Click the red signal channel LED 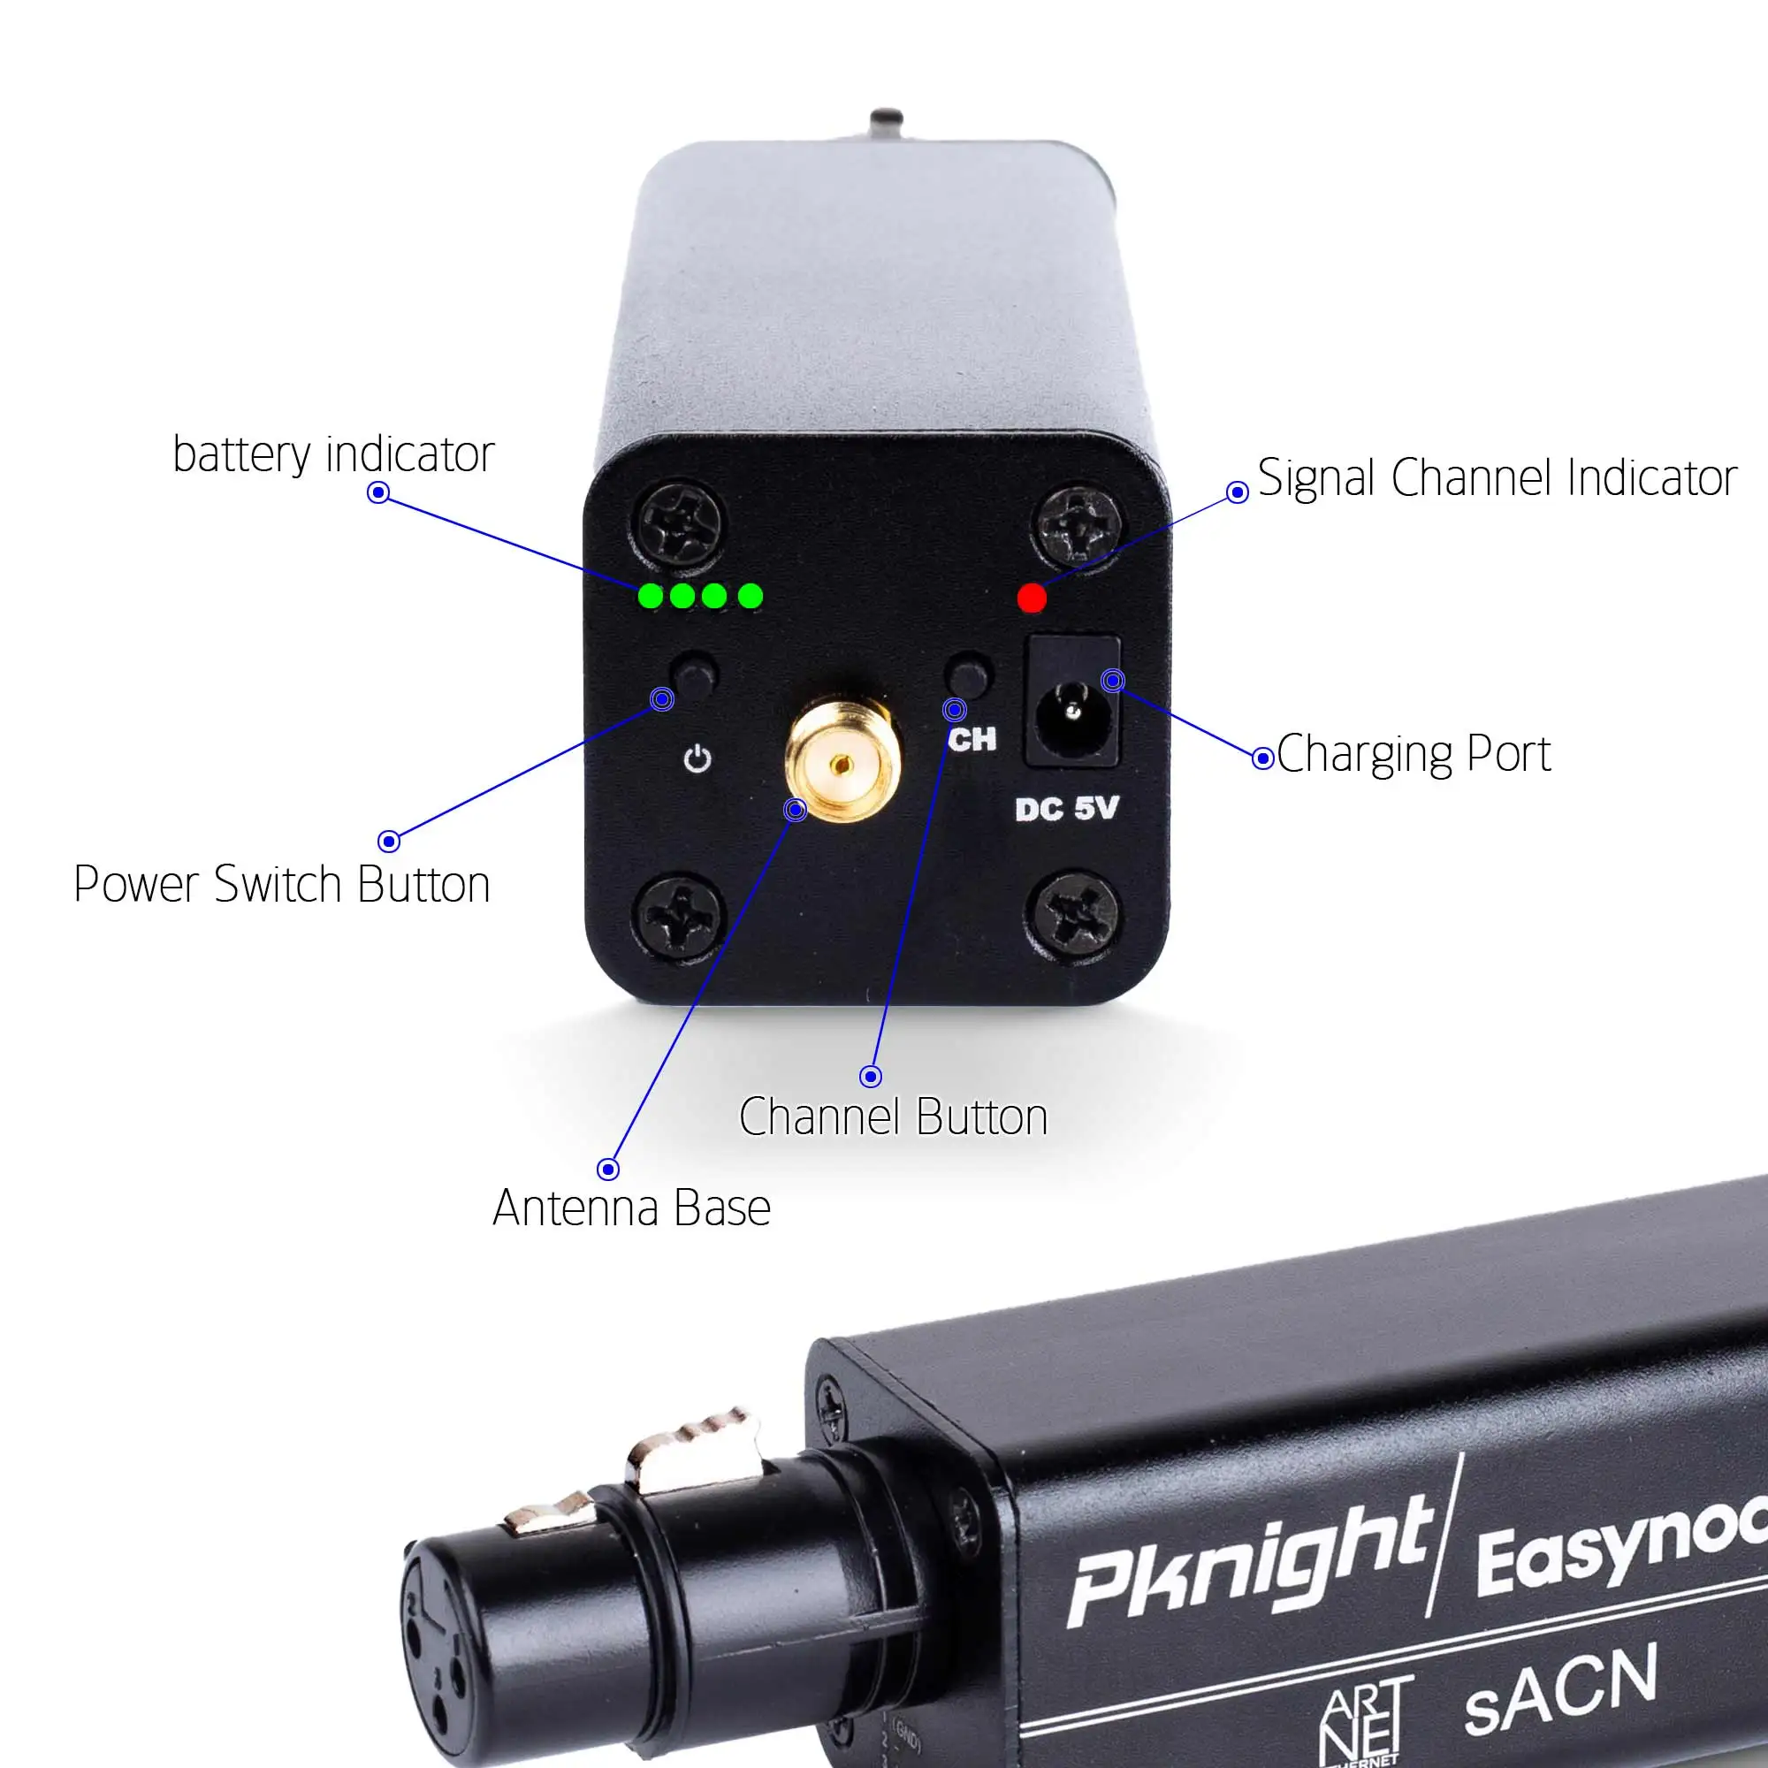tap(1032, 598)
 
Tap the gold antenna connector tap(842, 761)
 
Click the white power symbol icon tap(697, 758)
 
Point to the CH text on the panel tap(972, 739)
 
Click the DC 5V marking tap(1066, 809)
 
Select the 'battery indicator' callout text tap(333, 454)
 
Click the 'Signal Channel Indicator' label tap(1497, 477)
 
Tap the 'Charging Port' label tap(1413, 755)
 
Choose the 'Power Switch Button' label tap(282, 885)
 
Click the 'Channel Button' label tap(893, 1117)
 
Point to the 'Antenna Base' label tap(631, 1208)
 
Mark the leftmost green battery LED tap(651, 597)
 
